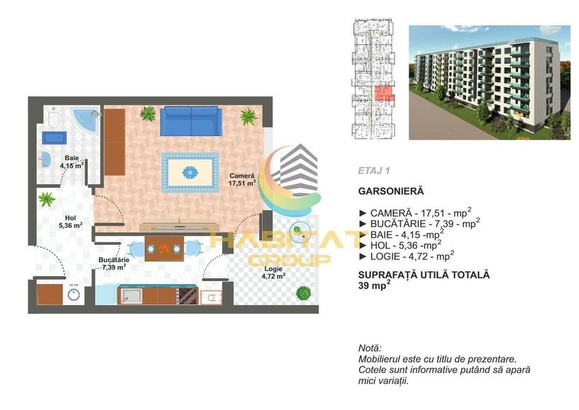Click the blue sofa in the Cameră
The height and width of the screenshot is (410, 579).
[192, 121]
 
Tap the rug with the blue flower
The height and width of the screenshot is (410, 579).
[190, 172]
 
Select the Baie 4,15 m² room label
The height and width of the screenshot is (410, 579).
[71, 162]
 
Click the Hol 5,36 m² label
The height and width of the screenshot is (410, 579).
[71, 221]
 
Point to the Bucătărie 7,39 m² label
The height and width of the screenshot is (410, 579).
[114, 264]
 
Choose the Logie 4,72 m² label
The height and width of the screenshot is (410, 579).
[273, 272]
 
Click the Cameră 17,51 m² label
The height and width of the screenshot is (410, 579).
[243, 180]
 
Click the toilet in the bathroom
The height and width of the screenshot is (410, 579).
[54, 117]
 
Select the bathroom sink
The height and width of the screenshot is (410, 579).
[45, 159]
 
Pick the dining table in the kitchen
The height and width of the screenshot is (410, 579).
[165, 248]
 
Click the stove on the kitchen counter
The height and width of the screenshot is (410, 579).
[187, 296]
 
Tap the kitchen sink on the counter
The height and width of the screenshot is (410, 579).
[131, 296]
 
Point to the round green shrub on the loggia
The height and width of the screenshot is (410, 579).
[303, 293]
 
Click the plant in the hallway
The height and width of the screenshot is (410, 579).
[47, 199]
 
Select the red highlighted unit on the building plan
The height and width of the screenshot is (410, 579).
[384, 93]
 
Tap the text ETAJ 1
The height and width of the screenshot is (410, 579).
[374, 170]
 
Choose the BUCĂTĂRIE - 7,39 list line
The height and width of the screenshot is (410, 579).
[420, 223]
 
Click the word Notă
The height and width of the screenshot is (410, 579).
[370, 348]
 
